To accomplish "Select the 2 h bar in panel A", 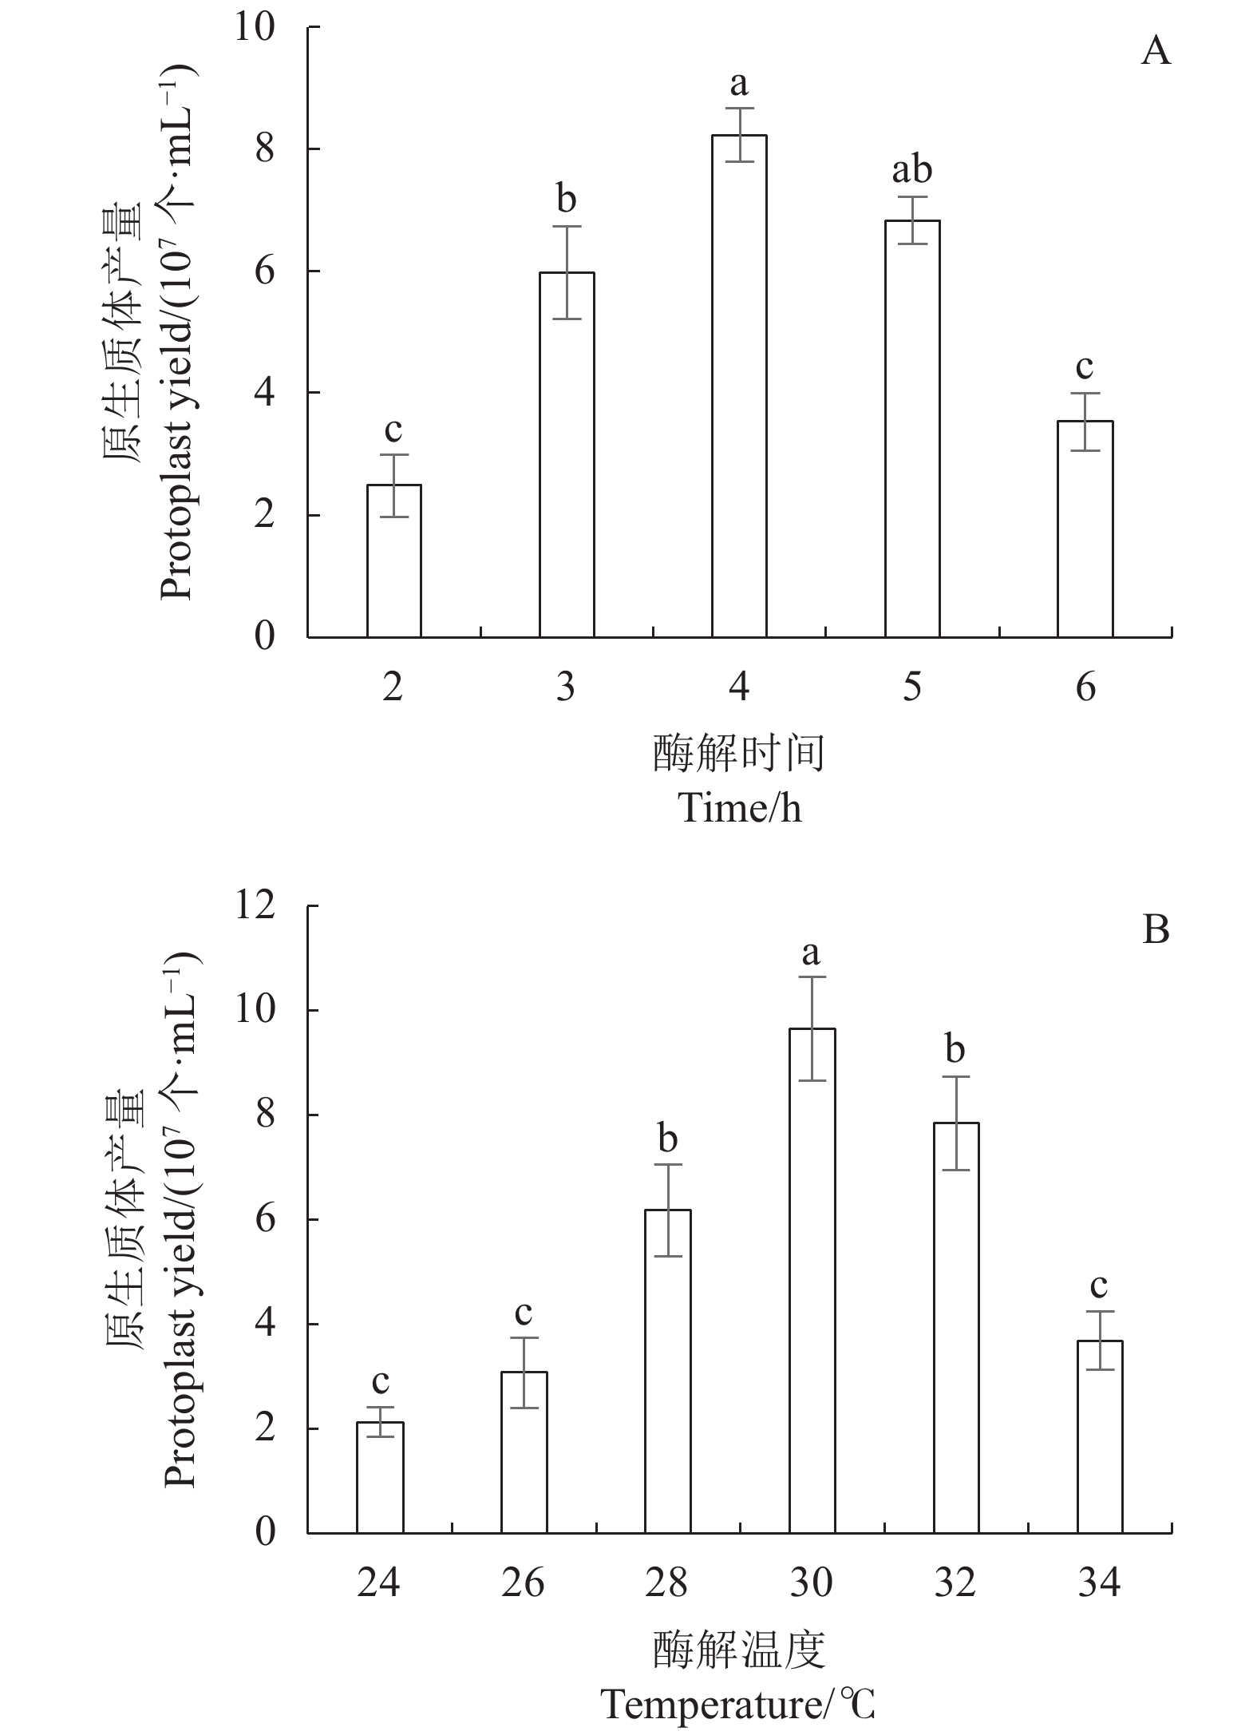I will tap(393, 561).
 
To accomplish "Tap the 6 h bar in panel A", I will tap(1085, 529).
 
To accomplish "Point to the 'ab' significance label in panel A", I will tap(911, 169).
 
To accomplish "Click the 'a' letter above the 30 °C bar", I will tap(812, 952).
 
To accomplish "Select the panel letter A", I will tap(1156, 53).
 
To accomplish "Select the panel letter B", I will tap(1156, 930).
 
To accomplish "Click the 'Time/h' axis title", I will tap(739, 809).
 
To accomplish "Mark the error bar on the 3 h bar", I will tap(567, 272).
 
